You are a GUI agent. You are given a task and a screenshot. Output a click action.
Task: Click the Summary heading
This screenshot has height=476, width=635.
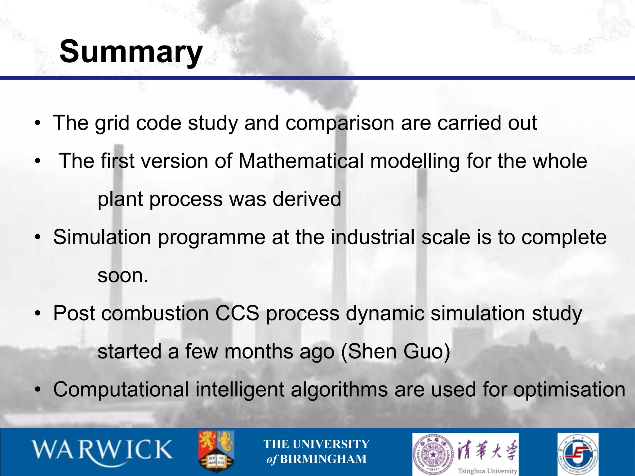click(131, 52)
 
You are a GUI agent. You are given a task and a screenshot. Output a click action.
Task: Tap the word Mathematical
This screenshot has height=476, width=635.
click(300, 161)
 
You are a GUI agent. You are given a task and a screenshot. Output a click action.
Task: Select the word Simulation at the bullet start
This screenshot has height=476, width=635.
click(102, 237)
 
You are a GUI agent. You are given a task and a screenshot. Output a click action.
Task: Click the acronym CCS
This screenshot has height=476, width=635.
click(237, 313)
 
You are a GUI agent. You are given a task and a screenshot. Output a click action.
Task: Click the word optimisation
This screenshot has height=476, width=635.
click(569, 390)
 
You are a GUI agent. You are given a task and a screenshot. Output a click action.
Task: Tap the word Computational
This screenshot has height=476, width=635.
click(121, 390)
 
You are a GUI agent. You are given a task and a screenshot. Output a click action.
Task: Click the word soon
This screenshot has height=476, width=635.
click(122, 275)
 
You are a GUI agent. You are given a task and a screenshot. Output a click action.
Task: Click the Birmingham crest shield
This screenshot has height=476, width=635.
click(216, 451)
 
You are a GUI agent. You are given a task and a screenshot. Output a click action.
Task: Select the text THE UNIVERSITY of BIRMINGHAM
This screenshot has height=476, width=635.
click(316, 452)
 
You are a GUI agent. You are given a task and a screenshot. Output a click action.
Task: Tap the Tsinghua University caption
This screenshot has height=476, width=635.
click(487, 471)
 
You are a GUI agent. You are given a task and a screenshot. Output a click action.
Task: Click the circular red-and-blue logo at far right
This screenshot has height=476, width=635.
click(578, 453)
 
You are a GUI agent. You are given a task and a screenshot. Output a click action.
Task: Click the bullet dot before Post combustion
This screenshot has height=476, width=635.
click(38, 314)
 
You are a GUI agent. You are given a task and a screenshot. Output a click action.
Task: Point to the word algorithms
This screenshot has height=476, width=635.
click(339, 390)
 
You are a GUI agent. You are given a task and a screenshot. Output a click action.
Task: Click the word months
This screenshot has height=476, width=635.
click(259, 352)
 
